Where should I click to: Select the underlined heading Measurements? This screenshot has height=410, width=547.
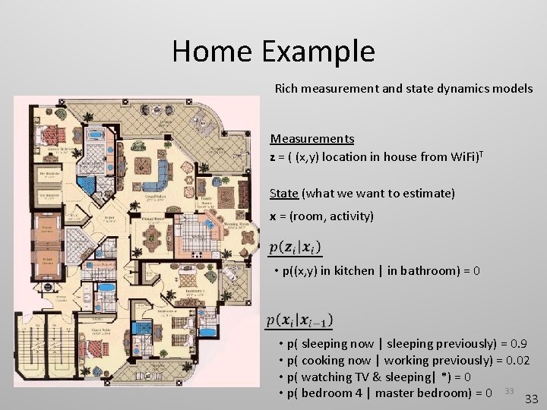[x=311, y=139]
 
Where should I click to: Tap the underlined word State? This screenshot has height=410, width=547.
[x=283, y=194]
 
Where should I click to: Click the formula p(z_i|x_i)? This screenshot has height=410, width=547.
[x=295, y=248]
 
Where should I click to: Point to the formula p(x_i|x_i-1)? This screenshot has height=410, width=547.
[x=299, y=320]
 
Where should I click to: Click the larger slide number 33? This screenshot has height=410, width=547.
[x=532, y=399]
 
